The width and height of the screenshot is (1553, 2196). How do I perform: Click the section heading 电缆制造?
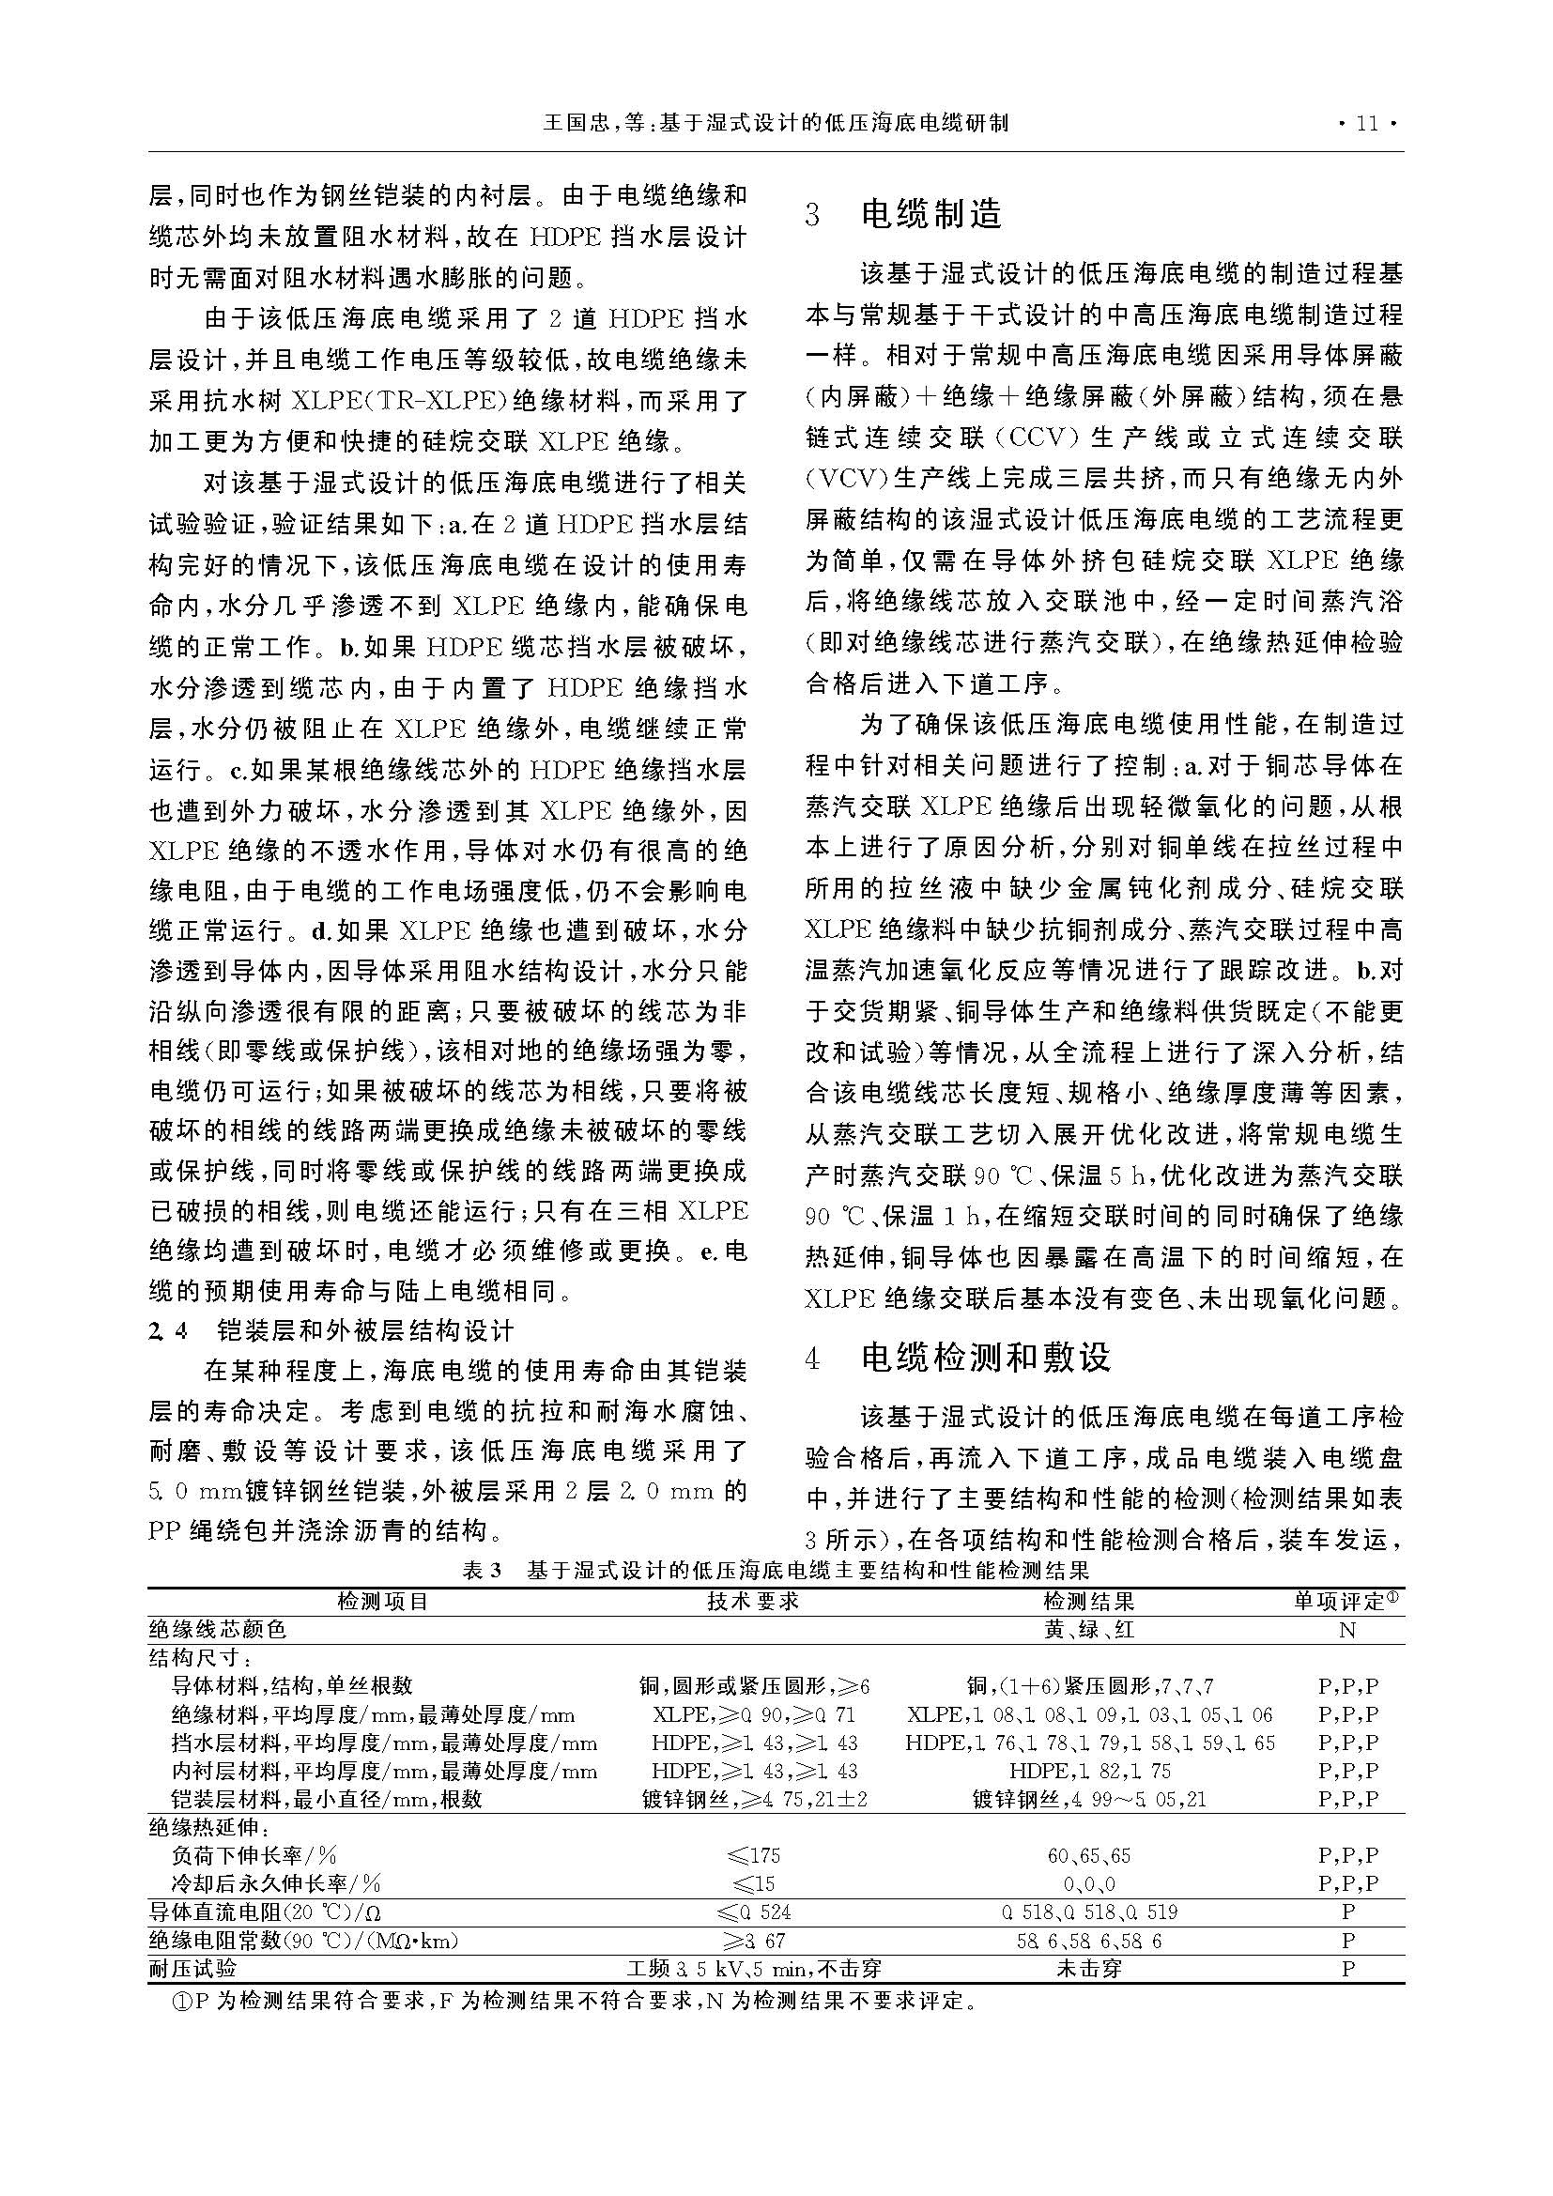tap(930, 214)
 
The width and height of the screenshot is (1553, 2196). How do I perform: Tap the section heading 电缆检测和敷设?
tap(985, 1359)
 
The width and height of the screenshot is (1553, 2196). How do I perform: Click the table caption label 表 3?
tap(482, 1571)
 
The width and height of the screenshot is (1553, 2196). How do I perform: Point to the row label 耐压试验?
tap(192, 1969)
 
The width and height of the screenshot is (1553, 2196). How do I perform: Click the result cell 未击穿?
tap(1088, 1969)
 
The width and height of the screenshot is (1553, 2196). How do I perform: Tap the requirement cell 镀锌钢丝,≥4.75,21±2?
tap(753, 1799)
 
